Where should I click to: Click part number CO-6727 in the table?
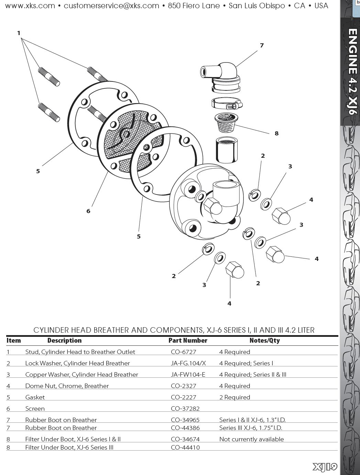tap(183, 352)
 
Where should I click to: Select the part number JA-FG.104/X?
tap(188, 363)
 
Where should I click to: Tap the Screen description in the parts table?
tap(35, 409)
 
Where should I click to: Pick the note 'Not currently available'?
tap(251, 439)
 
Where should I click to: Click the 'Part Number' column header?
tap(188, 340)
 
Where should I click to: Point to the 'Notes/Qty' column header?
tap(264, 340)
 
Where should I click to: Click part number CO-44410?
tap(185, 447)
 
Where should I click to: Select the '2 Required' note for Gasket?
tap(234, 397)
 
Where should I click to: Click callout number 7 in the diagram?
tap(262, 45)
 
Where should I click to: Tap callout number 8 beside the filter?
tap(276, 133)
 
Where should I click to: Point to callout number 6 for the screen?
tap(88, 211)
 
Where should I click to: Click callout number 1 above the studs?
tap(19, 33)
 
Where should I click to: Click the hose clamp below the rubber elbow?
tap(227, 104)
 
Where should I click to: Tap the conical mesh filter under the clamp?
tap(226, 122)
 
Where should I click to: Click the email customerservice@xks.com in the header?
tap(111, 5)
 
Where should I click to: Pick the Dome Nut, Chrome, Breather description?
tap(67, 386)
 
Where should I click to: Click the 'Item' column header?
tap(14, 340)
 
